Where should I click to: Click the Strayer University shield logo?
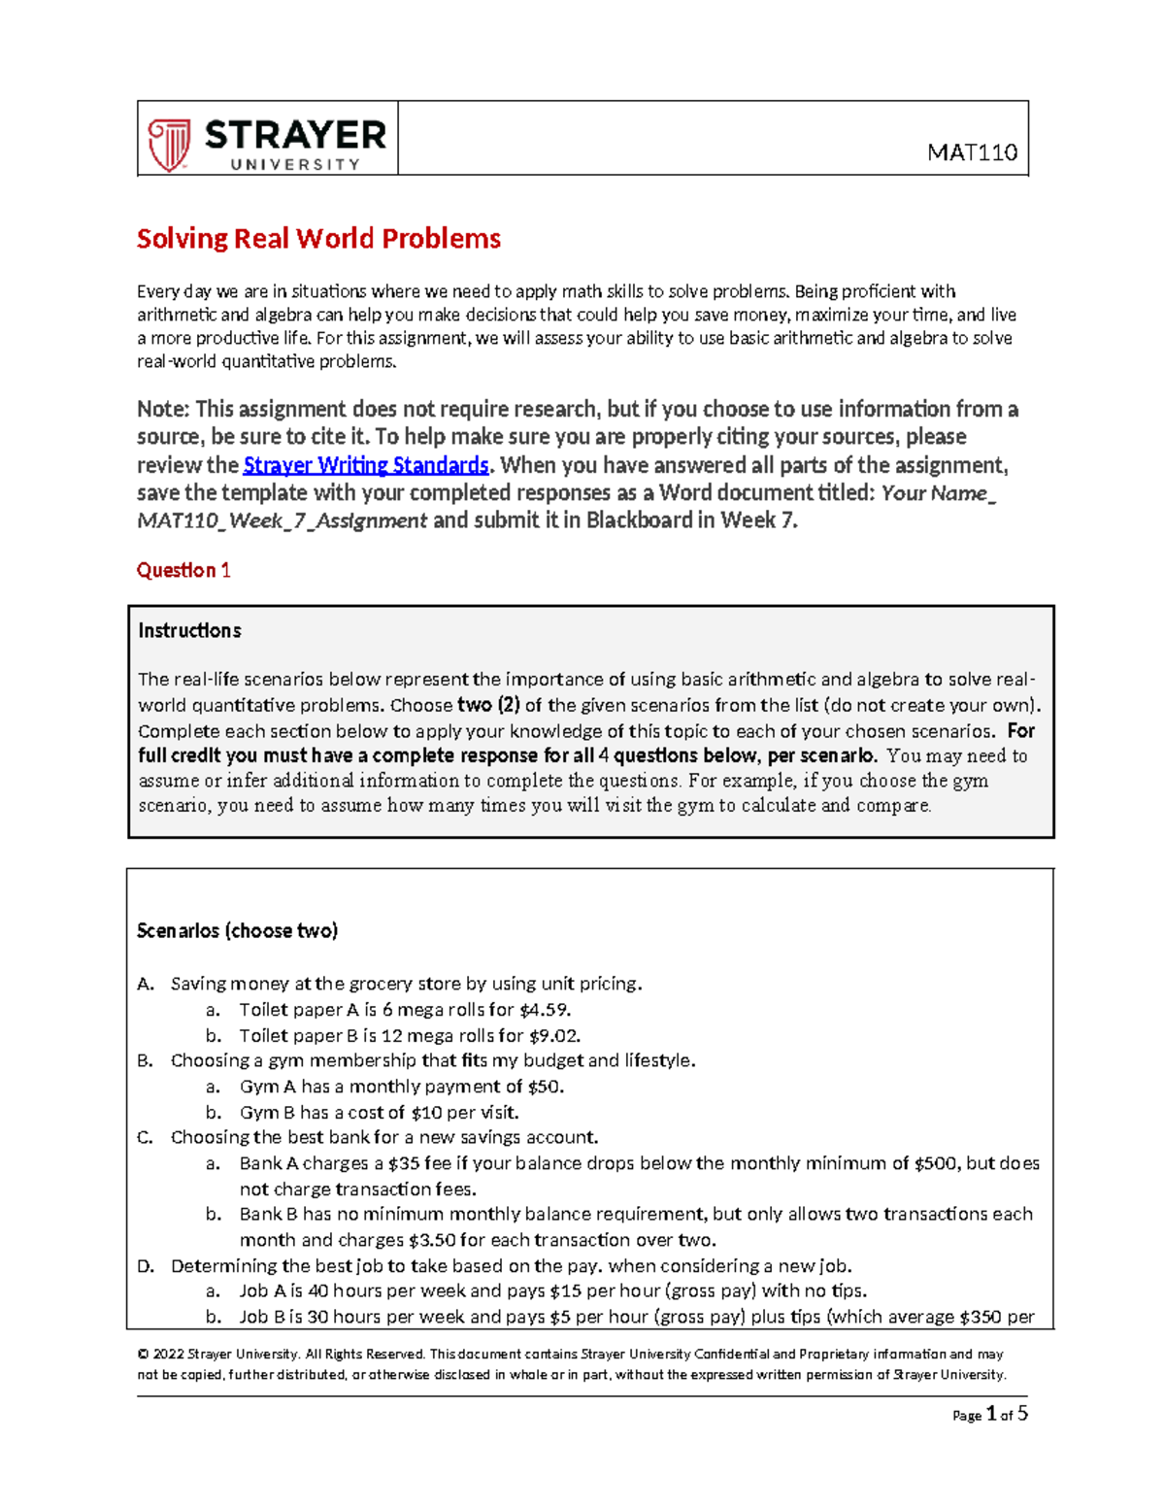(169, 145)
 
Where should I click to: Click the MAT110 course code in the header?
(972, 152)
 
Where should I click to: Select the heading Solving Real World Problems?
(318, 239)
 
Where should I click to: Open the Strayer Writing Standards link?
(365, 465)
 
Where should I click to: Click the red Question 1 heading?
(183, 570)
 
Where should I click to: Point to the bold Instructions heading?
(189, 630)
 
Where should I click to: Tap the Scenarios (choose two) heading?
(237, 930)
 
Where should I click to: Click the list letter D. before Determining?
(146, 1266)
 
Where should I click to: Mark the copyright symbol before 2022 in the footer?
(143, 1355)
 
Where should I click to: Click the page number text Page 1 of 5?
(989, 1415)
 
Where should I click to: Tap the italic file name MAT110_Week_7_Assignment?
(282, 520)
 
